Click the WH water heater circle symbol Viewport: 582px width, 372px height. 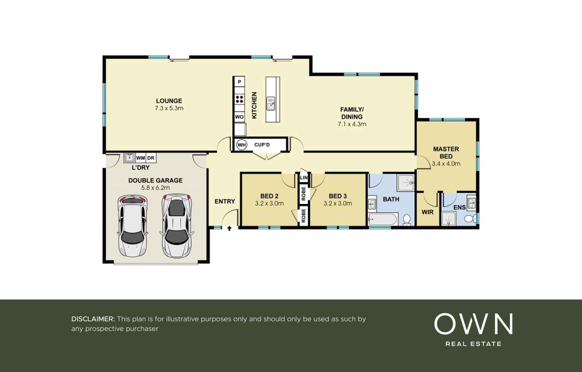242,145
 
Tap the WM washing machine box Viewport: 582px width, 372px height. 141,158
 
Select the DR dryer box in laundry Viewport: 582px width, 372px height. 151,158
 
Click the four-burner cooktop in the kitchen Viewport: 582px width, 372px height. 239,99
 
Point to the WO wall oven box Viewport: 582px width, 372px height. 239,117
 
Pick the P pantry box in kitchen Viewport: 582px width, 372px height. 239,82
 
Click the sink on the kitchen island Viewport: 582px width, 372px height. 270,104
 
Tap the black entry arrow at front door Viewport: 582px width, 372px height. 229,228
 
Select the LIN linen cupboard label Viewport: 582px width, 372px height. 304,178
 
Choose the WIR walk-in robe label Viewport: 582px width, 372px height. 427,212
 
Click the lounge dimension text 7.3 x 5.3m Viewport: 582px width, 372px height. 169,108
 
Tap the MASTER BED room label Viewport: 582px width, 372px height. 446,153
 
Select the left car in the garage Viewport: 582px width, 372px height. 133,226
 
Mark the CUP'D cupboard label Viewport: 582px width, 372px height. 262,145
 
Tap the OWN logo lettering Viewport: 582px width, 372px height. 473,324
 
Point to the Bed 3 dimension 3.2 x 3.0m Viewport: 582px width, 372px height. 338,204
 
